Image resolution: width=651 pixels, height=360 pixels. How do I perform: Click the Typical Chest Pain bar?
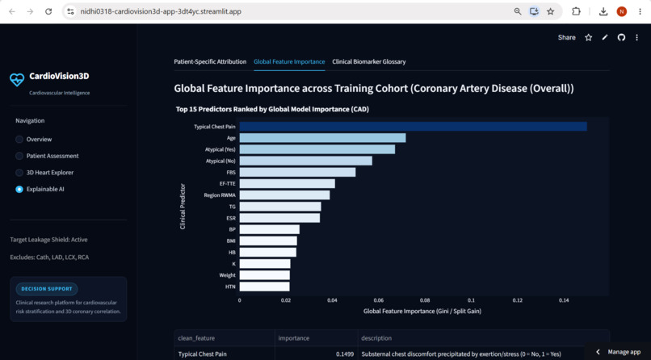coord(413,127)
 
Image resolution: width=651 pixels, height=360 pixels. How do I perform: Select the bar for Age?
coord(322,138)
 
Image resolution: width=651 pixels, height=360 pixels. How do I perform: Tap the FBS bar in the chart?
coord(297,172)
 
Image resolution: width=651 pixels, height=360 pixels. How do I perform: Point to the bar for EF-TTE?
coord(288,184)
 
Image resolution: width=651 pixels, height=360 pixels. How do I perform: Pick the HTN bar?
coord(264,287)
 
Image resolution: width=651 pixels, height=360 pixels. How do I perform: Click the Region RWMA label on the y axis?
coord(220,195)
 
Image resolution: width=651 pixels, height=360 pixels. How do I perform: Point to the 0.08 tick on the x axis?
coord(424,299)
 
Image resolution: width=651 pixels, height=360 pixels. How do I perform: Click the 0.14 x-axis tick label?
coord(564,299)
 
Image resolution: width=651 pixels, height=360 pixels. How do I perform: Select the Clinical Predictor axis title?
coord(183,207)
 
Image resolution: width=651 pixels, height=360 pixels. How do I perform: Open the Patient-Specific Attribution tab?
coord(210,62)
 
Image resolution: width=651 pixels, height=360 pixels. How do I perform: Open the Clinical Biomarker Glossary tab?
coord(368,62)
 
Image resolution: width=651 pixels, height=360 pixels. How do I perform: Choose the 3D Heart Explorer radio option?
coord(19,173)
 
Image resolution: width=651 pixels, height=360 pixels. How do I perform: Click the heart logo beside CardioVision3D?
coord(17,79)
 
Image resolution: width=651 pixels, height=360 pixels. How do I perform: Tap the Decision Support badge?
coord(47,289)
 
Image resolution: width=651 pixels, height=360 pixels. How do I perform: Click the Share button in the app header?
coord(567,37)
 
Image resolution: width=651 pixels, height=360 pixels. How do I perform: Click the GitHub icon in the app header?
coord(621,37)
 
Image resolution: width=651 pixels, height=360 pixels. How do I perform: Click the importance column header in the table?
coord(293,338)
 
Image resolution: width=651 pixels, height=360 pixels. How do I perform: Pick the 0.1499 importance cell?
coord(345,354)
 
